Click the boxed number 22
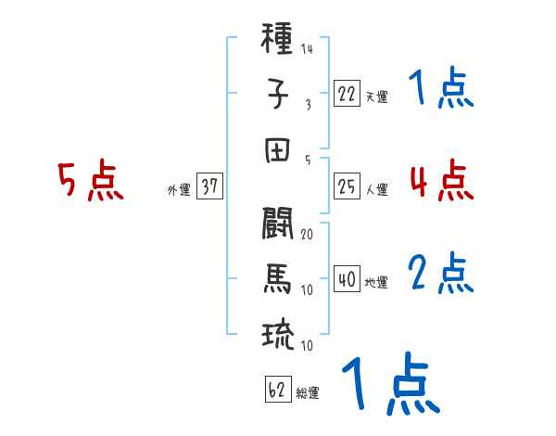pos(347,94)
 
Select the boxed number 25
pos(347,186)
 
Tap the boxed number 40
pos(347,279)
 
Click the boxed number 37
pos(209,186)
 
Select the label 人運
pos(376,189)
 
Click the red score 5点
pos(90,182)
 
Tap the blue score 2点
pos(441,273)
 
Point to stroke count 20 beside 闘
pos(307,234)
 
